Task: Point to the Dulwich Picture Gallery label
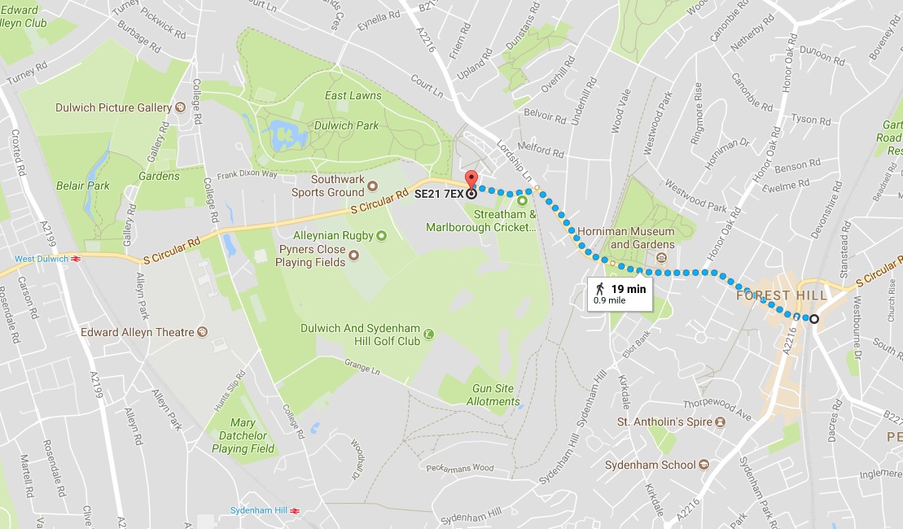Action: [x=113, y=107]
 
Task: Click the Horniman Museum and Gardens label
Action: [x=625, y=238]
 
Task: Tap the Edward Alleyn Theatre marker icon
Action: [x=203, y=332]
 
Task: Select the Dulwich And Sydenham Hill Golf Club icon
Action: [x=428, y=332]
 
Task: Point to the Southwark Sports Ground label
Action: [x=328, y=186]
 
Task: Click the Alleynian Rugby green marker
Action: [x=381, y=235]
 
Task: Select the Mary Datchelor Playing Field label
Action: [x=242, y=435]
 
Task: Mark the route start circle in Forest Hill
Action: [x=813, y=318]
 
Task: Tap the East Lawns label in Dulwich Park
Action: [x=353, y=95]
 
